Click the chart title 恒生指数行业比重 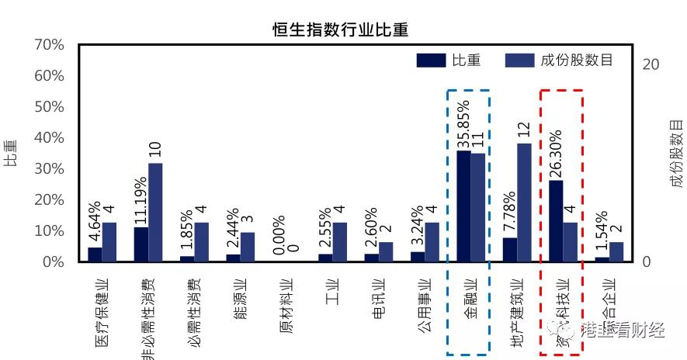pos(340,30)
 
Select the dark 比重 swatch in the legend pos(431,61)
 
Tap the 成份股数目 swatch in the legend pos(519,61)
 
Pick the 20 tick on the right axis pos(651,64)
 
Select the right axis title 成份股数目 pos(677,154)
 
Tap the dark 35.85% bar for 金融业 pos(463,206)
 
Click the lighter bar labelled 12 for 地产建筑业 pos(524,202)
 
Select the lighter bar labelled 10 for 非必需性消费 pos(155,213)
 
